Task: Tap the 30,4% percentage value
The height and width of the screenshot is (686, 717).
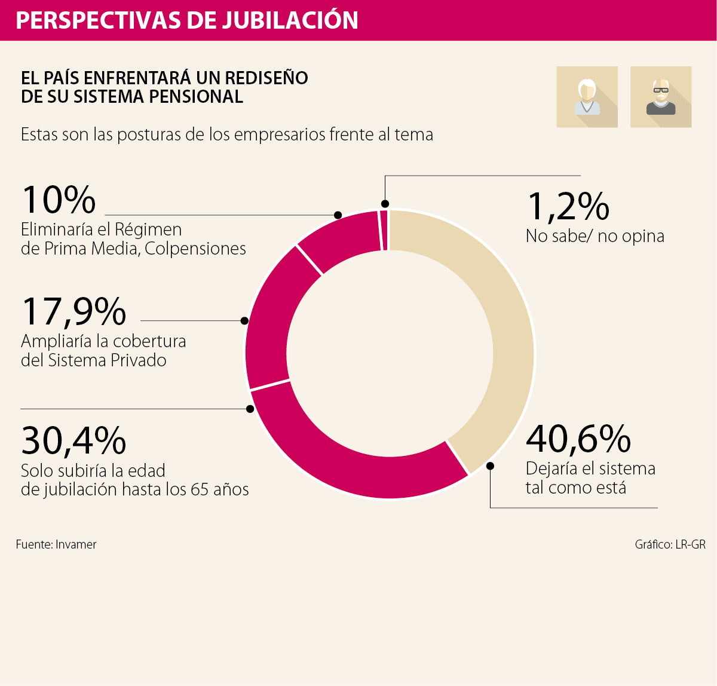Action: [73, 441]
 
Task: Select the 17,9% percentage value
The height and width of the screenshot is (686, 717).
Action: [73, 311]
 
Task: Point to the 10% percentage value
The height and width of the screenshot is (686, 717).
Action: [59, 200]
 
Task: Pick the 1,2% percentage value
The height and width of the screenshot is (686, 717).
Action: [568, 206]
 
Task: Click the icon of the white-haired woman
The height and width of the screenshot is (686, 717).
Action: [587, 97]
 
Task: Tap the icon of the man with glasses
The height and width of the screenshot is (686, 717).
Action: [661, 97]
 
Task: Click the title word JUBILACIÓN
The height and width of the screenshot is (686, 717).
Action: [290, 20]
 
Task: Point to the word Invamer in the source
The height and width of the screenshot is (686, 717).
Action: [76, 544]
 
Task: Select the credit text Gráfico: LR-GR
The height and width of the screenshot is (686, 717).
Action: [670, 544]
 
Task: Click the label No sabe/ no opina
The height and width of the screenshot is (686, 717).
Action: [595, 236]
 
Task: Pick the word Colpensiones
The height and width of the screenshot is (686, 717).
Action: [195, 249]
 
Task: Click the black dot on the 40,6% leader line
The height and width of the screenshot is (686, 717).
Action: [491, 466]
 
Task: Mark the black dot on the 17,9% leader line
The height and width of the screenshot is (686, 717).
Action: [244, 321]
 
